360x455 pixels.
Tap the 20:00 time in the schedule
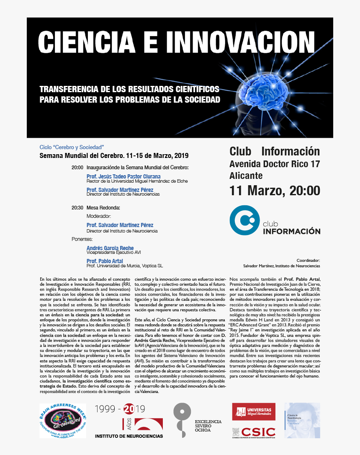[77, 168]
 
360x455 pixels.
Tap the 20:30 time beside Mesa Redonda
[77, 207]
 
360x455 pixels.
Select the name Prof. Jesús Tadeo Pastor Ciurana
[123, 176]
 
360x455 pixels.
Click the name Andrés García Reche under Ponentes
[110, 248]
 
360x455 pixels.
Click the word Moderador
[99, 216]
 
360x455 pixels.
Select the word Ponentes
[82, 239]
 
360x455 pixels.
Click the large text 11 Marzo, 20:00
[275, 191]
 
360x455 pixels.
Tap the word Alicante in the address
[246, 176]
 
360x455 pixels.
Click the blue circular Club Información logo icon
[244, 220]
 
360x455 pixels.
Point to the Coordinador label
[308, 260]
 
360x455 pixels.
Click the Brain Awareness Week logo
[63, 421]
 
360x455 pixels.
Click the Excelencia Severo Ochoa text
[208, 426]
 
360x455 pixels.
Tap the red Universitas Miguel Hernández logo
[254, 411]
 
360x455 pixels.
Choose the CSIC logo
[254, 432]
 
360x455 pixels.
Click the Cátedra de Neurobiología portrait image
[302, 421]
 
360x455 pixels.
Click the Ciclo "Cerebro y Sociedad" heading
[71, 147]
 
